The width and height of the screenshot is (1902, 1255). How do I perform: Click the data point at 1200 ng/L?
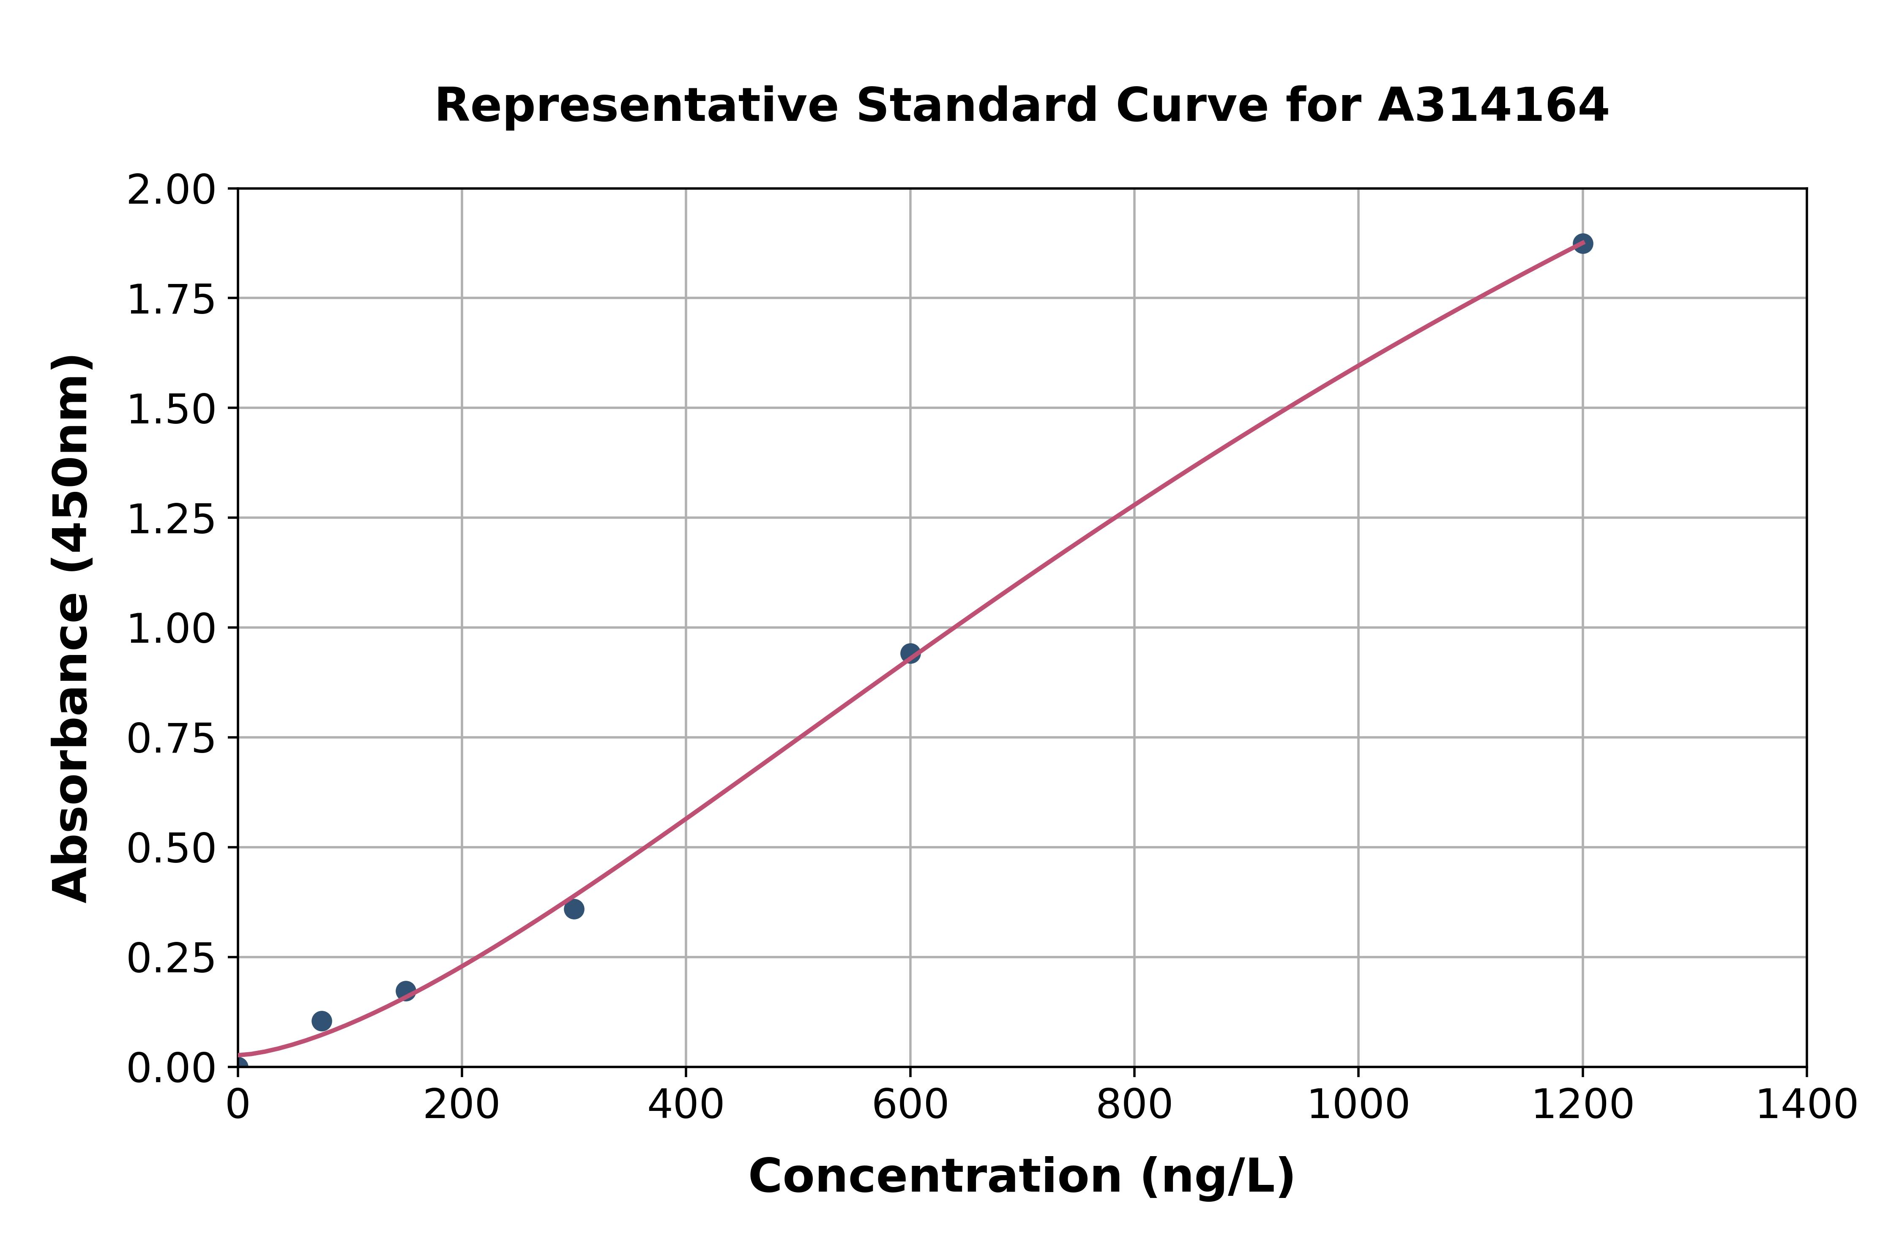1582,243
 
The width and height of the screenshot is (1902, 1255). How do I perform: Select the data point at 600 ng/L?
910,653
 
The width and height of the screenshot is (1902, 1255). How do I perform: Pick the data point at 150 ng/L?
406,991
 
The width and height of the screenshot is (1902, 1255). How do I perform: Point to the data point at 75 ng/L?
322,1020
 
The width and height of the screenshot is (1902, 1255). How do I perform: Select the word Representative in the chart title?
637,106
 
